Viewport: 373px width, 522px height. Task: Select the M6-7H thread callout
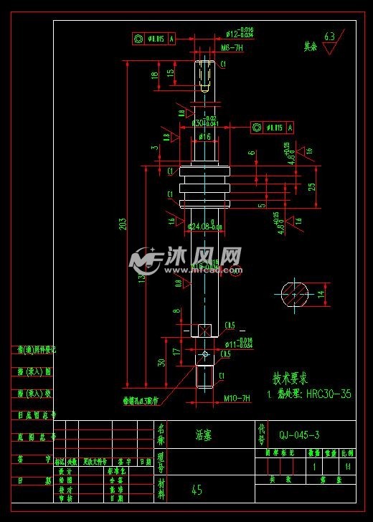click(230, 47)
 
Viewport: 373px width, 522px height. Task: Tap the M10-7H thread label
click(236, 398)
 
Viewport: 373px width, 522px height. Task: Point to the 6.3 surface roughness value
click(330, 36)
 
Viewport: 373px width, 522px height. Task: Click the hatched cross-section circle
click(294, 293)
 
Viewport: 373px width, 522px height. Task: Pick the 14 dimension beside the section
click(321, 293)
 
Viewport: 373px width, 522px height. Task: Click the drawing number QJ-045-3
click(299, 435)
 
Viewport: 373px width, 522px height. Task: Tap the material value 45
click(197, 490)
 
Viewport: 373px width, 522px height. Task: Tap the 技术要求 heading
click(291, 378)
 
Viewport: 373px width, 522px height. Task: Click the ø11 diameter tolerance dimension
click(236, 343)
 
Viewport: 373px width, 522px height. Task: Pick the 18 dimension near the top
click(154, 74)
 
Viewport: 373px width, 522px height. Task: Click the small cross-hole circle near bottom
click(206, 354)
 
